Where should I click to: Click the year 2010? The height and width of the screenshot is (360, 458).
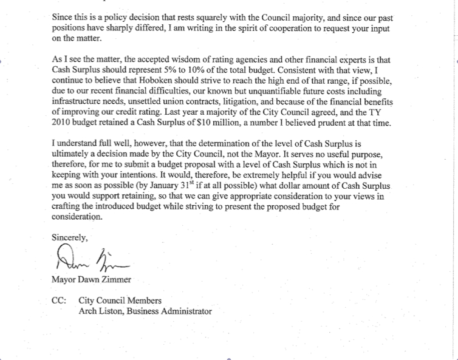click(x=61, y=123)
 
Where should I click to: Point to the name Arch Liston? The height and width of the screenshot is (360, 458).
click(x=102, y=311)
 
